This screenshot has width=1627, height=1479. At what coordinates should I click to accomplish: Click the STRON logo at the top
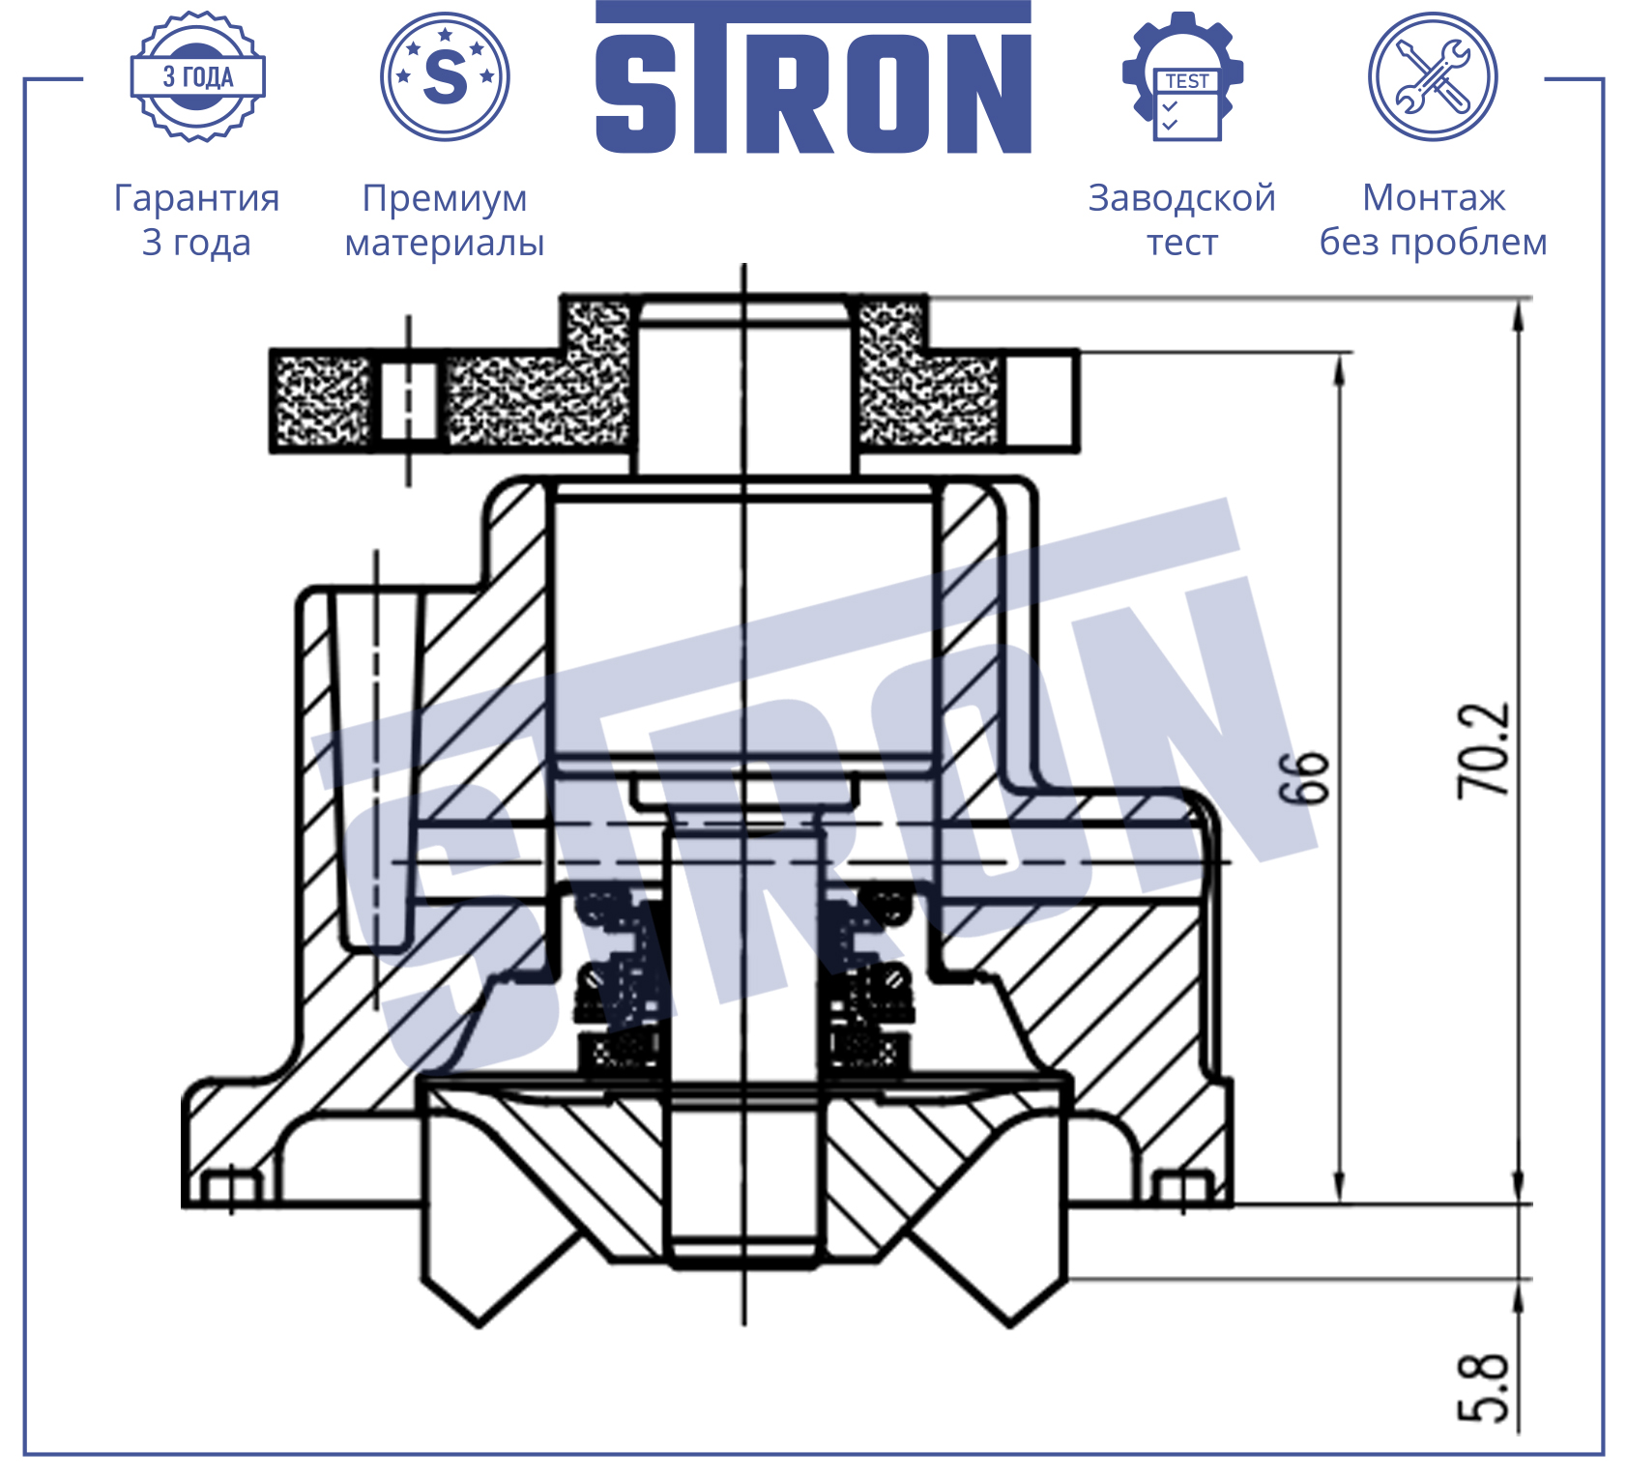point(813,77)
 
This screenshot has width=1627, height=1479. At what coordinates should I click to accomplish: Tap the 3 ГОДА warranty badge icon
point(198,76)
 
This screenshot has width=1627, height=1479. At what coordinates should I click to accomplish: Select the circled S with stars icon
point(445,76)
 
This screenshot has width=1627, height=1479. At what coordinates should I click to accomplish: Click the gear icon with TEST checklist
point(1183,76)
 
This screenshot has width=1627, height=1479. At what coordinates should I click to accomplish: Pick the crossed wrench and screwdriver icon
point(1433,76)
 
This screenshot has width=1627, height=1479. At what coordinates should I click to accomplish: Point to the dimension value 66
point(1304,776)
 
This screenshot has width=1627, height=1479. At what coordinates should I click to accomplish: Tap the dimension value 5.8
point(1482,1388)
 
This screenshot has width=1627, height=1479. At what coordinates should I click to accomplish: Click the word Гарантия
point(197,198)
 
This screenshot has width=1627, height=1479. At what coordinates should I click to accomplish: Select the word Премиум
point(445,198)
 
